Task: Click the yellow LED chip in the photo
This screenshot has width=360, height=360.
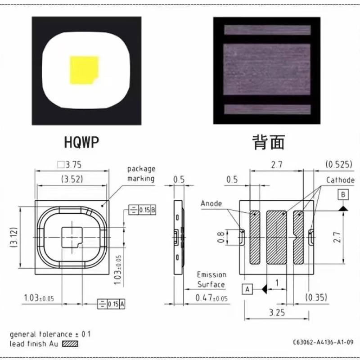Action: [x=84, y=70]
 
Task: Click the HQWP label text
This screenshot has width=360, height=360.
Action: [x=81, y=142]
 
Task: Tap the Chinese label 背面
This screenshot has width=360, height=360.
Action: [x=269, y=142]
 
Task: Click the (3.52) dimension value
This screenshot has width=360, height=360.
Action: [x=72, y=179]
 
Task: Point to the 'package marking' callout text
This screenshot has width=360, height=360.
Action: [x=141, y=174]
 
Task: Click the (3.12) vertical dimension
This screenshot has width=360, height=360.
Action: [x=14, y=237]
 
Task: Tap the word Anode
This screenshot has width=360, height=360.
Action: [x=211, y=203]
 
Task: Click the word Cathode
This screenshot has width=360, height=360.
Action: [x=341, y=180]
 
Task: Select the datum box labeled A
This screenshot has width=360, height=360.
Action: [x=247, y=289]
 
